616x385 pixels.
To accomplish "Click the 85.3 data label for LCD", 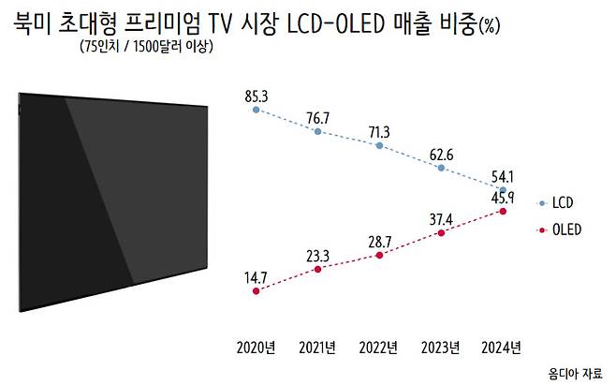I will point(256,95).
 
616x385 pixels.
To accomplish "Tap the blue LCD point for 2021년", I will point(317,132).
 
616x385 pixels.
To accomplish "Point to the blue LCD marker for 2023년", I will point(441,168).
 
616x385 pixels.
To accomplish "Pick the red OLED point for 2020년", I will point(256,291).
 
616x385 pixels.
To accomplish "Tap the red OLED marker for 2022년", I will point(378,255).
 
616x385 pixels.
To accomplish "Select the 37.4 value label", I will point(440,217).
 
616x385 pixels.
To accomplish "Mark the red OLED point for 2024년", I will point(504,212).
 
